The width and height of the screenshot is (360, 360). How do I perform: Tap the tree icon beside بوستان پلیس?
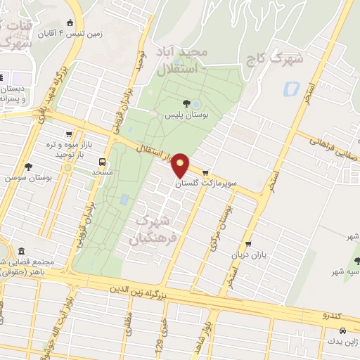(x=186, y=103)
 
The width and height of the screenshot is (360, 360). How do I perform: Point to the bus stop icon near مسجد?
(x=104, y=160)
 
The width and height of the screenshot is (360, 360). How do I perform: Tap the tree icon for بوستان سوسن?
(x=28, y=167)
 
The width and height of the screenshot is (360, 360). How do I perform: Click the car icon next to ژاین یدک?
(x=342, y=330)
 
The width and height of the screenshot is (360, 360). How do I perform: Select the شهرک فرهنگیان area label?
(x=150, y=230)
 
